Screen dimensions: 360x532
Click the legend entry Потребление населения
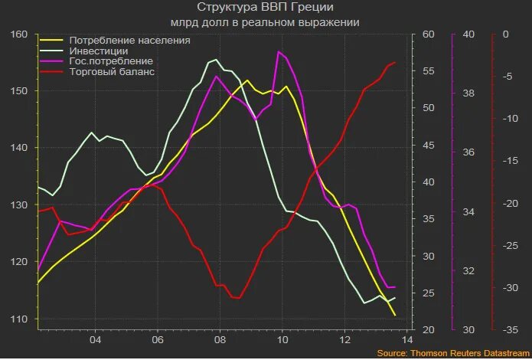[129, 40]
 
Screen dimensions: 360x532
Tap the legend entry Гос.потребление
[110, 61]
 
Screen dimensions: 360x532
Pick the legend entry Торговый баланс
[112, 71]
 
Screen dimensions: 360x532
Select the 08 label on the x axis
[220, 339]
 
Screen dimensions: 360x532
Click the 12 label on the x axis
[345, 339]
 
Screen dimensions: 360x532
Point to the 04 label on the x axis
[95, 339]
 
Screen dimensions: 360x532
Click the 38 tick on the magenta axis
[468, 93]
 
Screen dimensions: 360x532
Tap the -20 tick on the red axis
[506, 204]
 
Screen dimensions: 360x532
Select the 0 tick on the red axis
[506, 34]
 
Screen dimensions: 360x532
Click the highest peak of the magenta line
[279, 51]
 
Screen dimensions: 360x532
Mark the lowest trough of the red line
[236, 298]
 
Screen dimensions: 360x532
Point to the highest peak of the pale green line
[216, 59]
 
